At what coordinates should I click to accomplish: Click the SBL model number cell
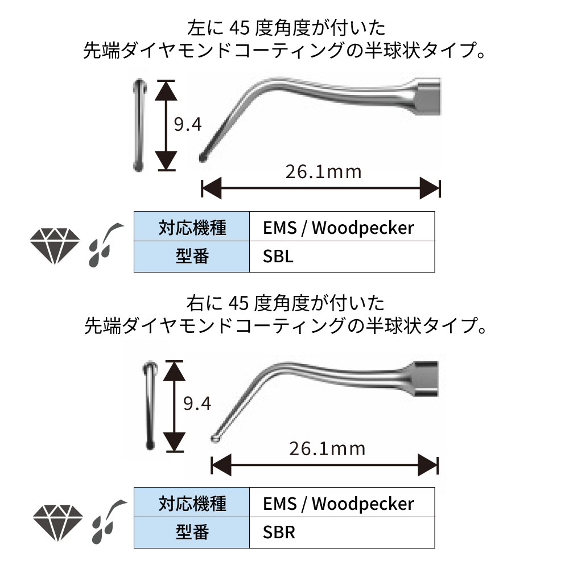point(341,257)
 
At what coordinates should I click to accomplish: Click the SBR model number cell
point(341,533)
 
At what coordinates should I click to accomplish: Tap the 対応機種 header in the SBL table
point(192,228)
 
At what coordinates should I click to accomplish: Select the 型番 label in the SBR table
point(192,533)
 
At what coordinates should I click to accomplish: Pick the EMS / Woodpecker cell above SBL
point(341,228)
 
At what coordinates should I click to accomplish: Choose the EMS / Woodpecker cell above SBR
point(341,504)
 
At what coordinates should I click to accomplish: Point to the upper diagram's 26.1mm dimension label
point(323,171)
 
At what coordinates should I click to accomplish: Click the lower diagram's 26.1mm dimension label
point(327,449)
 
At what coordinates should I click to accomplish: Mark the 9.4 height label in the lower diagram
point(197,404)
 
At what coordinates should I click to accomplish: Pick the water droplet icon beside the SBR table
point(105,521)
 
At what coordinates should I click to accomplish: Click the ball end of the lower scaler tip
point(216,438)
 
